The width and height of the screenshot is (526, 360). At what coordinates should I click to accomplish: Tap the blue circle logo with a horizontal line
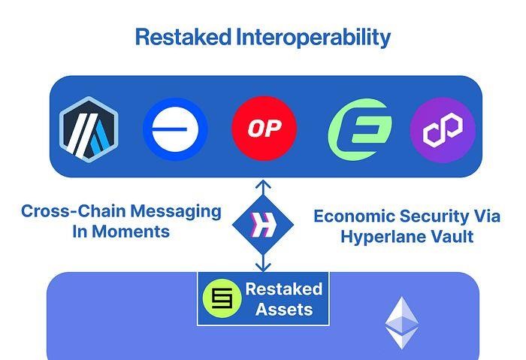pyautogui.click(x=175, y=129)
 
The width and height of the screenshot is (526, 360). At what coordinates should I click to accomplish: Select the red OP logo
pyautogui.click(x=265, y=129)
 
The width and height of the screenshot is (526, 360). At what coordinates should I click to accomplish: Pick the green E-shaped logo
pyautogui.click(x=360, y=129)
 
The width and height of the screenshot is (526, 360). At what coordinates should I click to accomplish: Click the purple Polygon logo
pyautogui.click(x=443, y=130)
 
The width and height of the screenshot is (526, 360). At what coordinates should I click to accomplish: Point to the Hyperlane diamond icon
pyautogui.click(x=263, y=225)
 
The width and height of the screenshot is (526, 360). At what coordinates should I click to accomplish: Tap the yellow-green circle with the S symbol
pyautogui.click(x=222, y=298)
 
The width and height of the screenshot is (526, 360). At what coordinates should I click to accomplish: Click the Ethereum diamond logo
pyautogui.click(x=401, y=322)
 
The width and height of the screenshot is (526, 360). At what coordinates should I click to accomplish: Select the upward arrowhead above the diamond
pyautogui.click(x=263, y=185)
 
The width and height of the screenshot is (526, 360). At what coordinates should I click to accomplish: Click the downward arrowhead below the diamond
pyautogui.click(x=263, y=267)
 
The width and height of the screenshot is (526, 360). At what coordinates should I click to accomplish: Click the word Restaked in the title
pyautogui.click(x=183, y=37)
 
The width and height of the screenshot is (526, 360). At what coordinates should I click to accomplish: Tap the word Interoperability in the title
pyautogui.click(x=313, y=38)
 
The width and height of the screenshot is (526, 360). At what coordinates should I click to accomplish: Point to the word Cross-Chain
pyautogui.click(x=73, y=211)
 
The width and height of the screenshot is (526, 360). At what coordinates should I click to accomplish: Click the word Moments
pyautogui.click(x=131, y=231)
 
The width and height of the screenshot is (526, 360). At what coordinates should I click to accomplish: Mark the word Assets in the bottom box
pyautogui.click(x=284, y=310)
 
